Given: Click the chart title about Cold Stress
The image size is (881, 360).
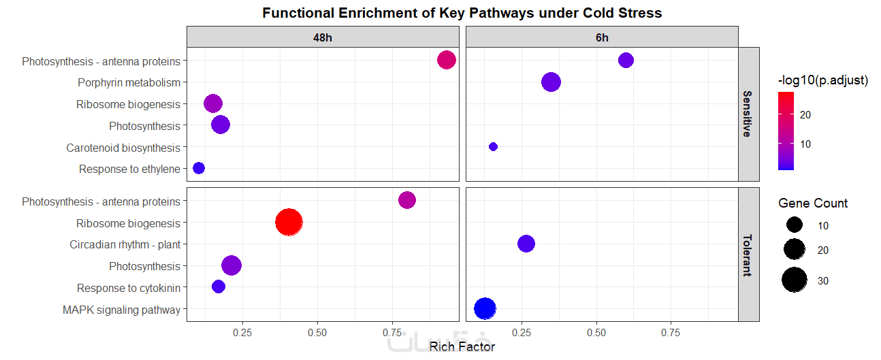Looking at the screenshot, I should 462,13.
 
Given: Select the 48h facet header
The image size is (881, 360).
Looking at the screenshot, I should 323,37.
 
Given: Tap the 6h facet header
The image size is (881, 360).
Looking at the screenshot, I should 602,37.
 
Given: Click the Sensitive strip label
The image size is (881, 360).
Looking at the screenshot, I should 748,114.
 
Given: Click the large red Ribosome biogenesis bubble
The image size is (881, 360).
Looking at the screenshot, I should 289,222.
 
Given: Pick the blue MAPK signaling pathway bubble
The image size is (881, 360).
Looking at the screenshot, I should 485,308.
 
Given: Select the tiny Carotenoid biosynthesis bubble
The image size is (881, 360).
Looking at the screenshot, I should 493,146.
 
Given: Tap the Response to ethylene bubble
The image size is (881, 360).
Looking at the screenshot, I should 199,168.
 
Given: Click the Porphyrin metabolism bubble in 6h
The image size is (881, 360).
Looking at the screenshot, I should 551,82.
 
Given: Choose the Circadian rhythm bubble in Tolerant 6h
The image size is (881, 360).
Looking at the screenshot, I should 526,244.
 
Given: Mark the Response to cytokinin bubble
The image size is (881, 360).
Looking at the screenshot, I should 219,287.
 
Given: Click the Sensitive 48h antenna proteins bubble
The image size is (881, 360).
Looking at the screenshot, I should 446,60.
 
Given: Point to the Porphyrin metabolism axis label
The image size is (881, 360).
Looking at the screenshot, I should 129,83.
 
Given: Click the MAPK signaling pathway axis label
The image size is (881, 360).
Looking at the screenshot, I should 121,310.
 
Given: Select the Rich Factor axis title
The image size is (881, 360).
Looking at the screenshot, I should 462,346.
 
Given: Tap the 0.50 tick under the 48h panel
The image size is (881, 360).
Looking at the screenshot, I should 317,333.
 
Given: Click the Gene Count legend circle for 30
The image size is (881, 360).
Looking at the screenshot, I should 795,280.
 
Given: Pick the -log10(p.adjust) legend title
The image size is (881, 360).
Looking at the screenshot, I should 822,80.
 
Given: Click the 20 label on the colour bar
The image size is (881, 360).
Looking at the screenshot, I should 805,115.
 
